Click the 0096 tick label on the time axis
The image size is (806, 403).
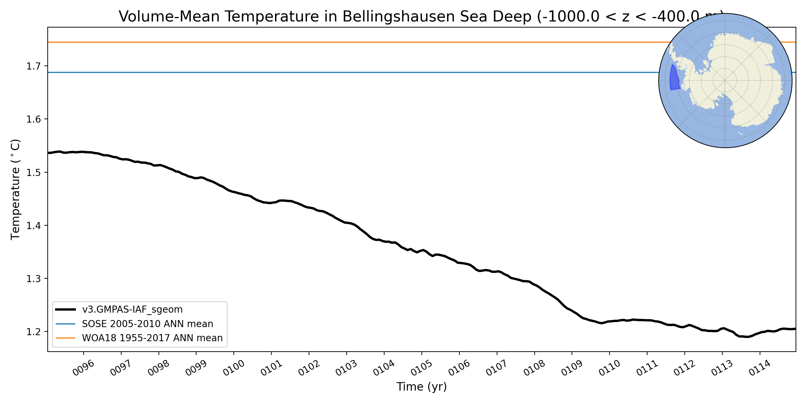pyautogui.click(x=83, y=368)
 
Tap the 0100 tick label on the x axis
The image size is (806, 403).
pyautogui.click(x=233, y=368)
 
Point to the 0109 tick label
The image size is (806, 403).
pyautogui.click(x=572, y=368)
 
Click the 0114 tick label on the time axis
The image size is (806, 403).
pyautogui.click(x=759, y=368)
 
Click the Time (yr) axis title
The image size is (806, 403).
pyautogui.click(x=421, y=387)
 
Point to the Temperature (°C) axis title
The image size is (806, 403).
pyautogui.click(x=15, y=189)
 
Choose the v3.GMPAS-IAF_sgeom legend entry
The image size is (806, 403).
pyautogui.click(x=132, y=310)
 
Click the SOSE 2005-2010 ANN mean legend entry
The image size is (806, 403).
pyautogui.click(x=147, y=324)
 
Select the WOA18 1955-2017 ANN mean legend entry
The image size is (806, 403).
pyautogui.click(x=152, y=338)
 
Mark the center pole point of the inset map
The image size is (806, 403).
pyautogui.click(x=725, y=81)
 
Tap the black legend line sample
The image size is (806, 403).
pyautogui.click(x=65, y=310)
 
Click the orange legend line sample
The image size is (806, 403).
pyautogui.click(x=65, y=338)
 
